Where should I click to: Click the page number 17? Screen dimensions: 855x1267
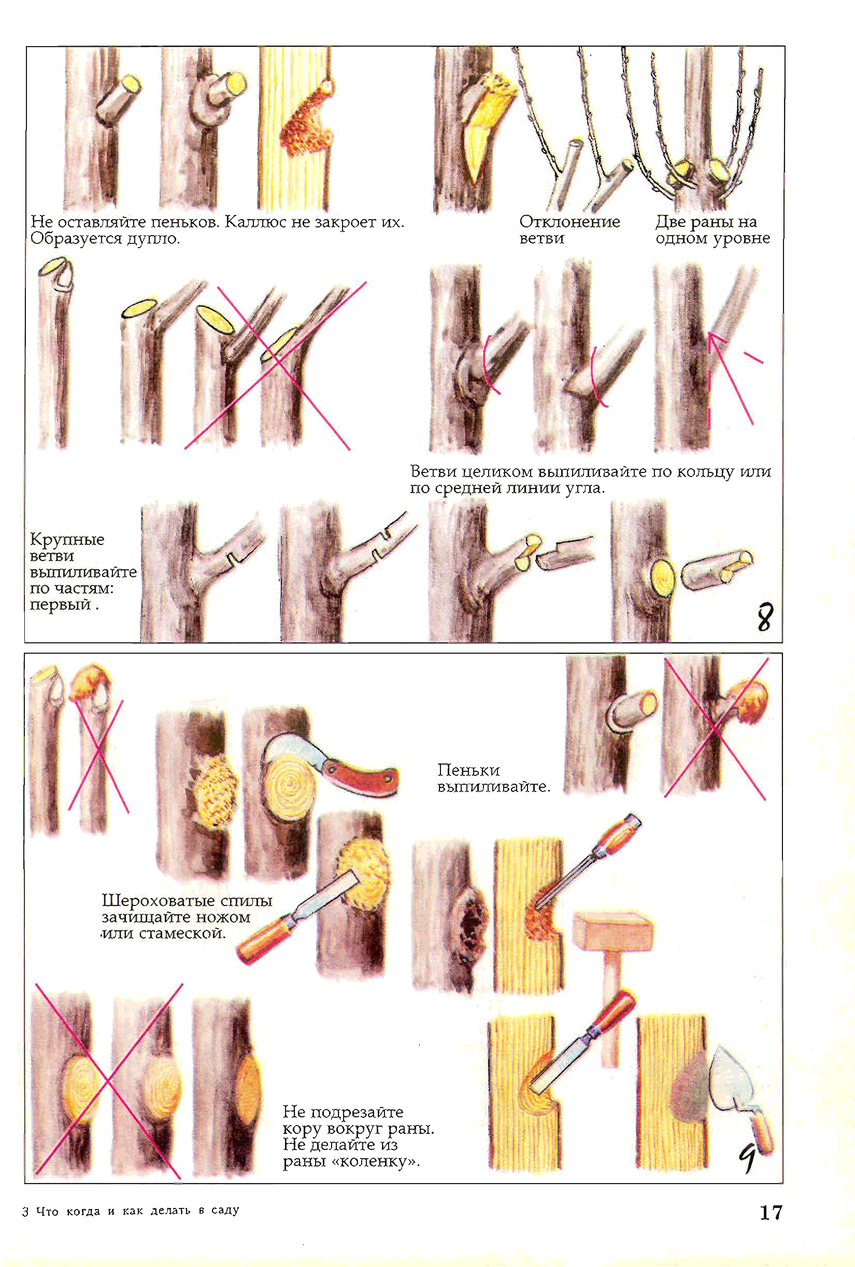click(x=771, y=1213)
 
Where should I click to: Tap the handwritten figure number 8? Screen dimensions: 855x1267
click(x=765, y=616)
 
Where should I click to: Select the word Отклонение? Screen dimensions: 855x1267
click(x=569, y=221)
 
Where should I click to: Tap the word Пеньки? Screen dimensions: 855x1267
click(x=468, y=770)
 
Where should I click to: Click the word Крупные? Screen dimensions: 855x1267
click(x=67, y=540)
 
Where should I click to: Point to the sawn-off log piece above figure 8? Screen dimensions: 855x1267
click(x=717, y=569)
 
